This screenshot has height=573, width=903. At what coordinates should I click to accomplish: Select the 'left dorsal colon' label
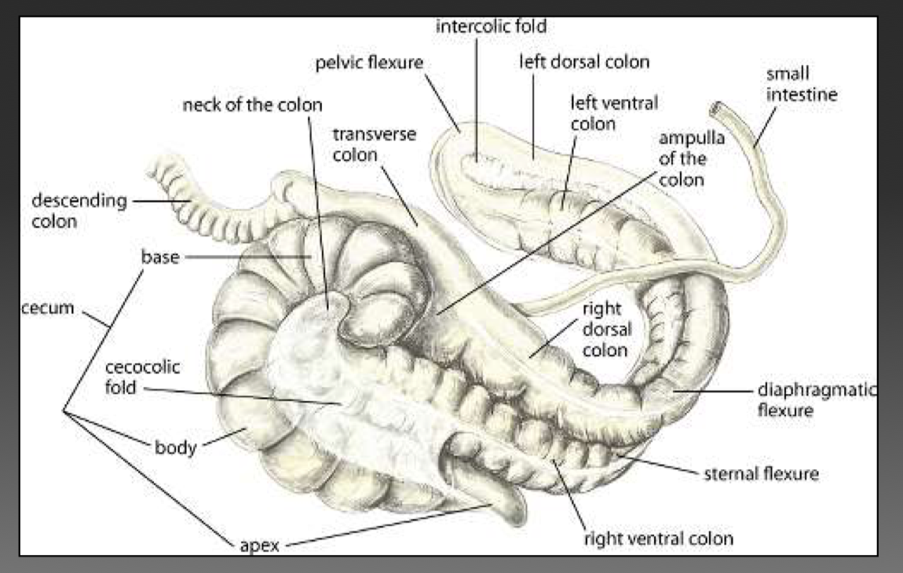584,61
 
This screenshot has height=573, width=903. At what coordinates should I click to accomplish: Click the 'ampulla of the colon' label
682,159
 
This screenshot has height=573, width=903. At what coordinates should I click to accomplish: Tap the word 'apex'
258,543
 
